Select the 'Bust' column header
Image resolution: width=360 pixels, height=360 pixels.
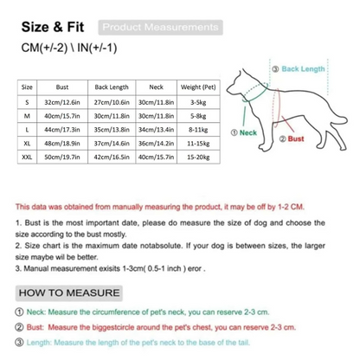(62, 87)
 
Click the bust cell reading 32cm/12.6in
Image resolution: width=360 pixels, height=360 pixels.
(62, 100)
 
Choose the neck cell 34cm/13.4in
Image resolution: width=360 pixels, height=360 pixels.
(157, 128)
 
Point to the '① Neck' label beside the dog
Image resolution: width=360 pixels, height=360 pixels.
(245, 133)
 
